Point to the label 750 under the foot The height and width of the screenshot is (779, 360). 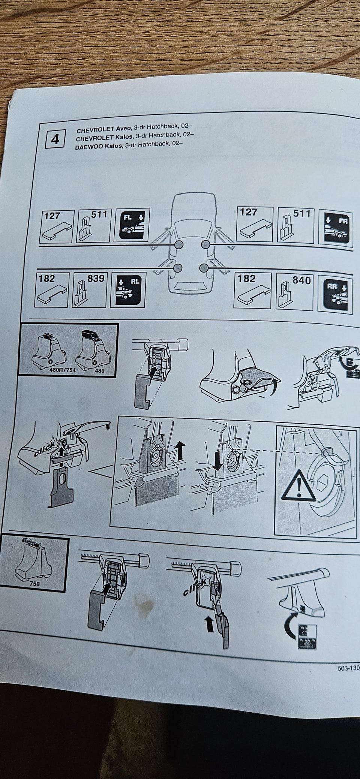pos(34,583)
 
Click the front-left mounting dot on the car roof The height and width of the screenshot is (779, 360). pos(178,245)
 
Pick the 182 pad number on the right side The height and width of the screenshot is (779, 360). pos(247,279)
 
